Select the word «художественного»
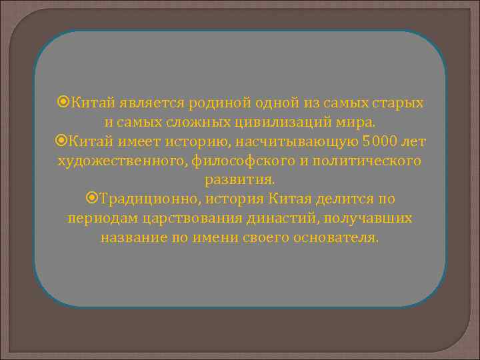click(117, 161)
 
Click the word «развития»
click(238, 180)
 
